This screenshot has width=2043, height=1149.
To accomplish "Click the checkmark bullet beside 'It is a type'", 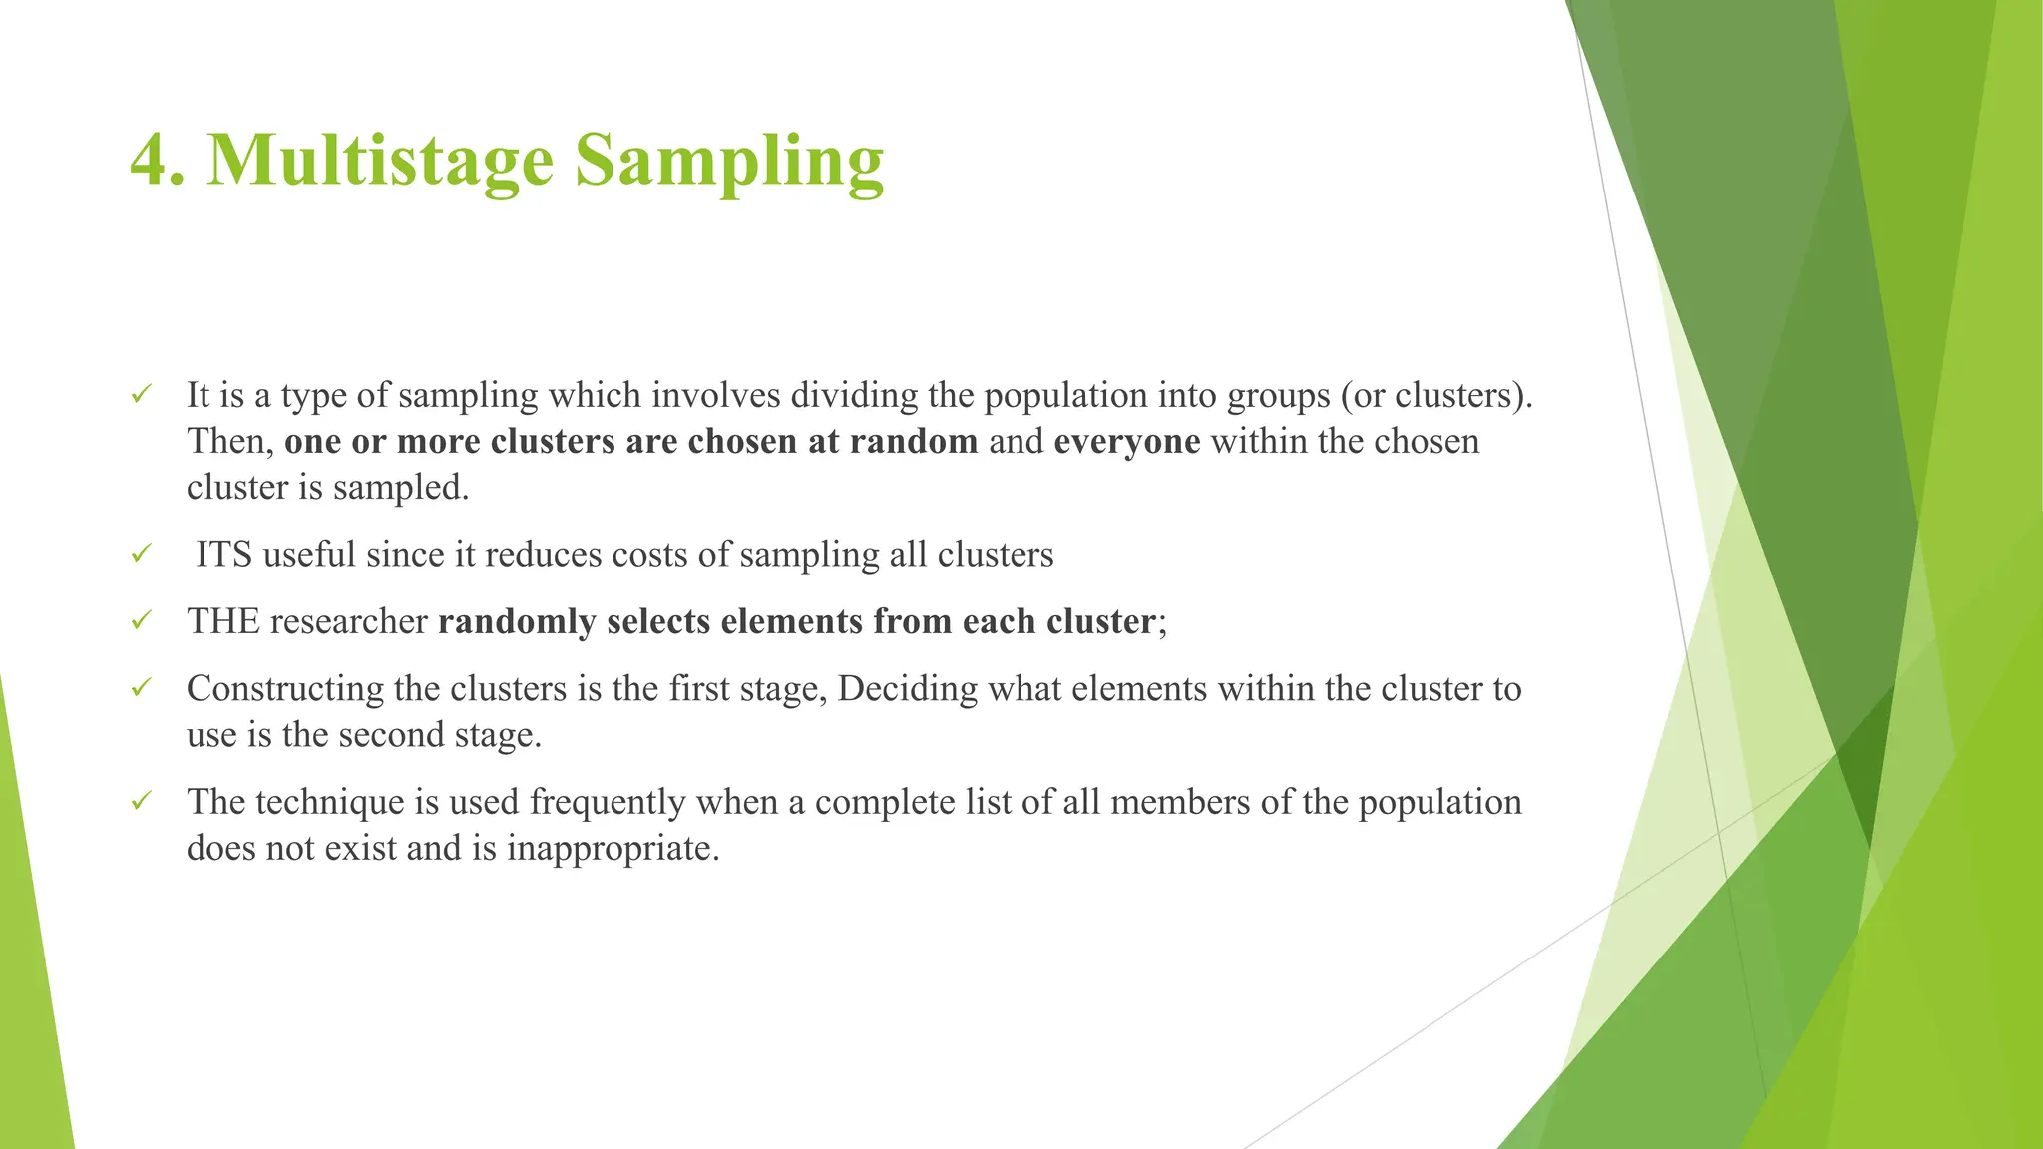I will tap(141, 394).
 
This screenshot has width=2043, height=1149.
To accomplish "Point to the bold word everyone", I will tap(1126, 441).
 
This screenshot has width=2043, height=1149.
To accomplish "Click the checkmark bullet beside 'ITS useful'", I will tap(141, 553).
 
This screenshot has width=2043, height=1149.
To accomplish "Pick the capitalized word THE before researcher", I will tap(223, 622).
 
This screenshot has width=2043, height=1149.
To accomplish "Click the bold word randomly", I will tap(517, 622).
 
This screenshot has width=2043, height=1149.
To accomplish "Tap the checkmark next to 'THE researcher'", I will tap(141, 620).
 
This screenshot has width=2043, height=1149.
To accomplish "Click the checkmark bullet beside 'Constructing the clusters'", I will tap(141, 687).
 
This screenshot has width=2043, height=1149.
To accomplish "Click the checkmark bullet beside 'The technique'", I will tap(141, 800).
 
